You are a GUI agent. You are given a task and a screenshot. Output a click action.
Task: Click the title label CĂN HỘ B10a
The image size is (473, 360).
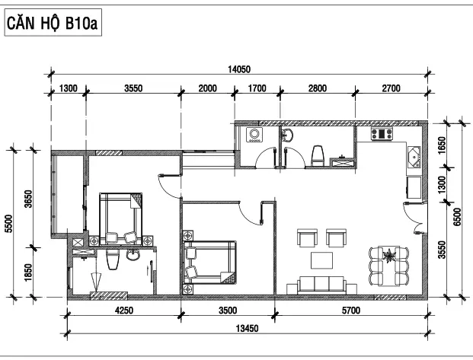click(x=53, y=23)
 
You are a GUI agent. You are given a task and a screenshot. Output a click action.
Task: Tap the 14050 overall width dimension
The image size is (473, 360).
click(x=239, y=70)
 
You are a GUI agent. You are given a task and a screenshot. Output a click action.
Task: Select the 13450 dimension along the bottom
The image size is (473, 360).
click(x=247, y=328)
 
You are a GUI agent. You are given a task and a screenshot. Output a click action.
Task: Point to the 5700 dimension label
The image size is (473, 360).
click(x=351, y=311)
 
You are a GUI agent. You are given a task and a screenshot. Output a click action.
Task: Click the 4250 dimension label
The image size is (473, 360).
click(x=124, y=311)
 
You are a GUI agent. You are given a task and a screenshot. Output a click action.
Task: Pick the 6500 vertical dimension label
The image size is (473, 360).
click(x=457, y=217)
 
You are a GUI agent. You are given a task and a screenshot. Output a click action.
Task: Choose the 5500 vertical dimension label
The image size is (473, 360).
click(x=9, y=224)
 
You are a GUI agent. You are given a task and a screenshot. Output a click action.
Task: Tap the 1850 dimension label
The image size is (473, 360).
click(x=28, y=272)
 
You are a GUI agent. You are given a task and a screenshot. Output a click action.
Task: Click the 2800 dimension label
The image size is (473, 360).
click(x=318, y=88)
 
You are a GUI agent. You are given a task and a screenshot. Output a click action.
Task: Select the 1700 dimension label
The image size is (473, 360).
click(x=257, y=88)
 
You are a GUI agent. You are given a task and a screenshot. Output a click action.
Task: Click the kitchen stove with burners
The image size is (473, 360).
click(x=382, y=134)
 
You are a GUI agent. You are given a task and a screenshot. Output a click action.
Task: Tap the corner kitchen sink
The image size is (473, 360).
click(x=415, y=157)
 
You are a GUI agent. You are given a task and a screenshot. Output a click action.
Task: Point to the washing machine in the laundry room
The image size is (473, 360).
click(x=254, y=135)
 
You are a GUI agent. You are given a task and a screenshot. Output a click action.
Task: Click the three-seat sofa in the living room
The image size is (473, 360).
click(x=321, y=285)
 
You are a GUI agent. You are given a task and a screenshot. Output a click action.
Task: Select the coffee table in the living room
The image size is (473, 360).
click(x=322, y=260)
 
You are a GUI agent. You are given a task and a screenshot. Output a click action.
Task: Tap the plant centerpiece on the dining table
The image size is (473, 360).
click(x=389, y=256)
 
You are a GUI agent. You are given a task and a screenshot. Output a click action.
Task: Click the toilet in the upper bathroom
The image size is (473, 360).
click(x=318, y=155)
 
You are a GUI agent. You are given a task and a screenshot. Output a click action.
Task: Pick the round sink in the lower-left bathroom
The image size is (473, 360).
click(x=133, y=256)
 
